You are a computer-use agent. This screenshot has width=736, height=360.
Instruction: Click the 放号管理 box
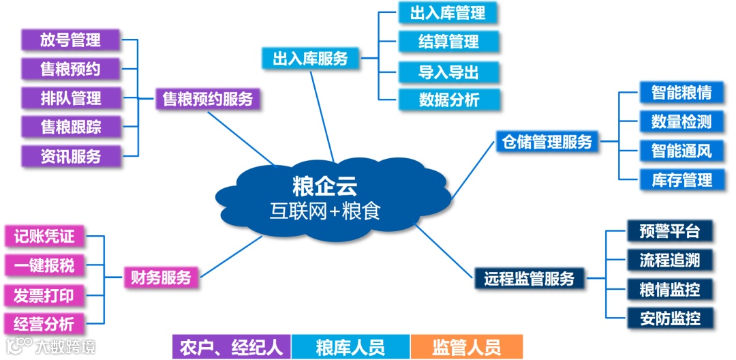pos(70,40)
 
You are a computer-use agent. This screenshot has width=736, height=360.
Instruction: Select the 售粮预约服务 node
pos(207,99)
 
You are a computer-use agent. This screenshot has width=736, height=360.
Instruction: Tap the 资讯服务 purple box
pos(70,156)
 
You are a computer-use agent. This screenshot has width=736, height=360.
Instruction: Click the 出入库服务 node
pos(310,58)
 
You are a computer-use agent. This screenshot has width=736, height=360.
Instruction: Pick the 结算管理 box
pos(448,42)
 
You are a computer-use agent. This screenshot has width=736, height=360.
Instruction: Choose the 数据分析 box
pos(448,100)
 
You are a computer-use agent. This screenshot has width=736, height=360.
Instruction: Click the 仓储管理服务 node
pos(547,141)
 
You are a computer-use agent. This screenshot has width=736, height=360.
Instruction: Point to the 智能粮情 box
pos(681,92)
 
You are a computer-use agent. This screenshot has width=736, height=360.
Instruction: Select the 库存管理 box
pos(681,180)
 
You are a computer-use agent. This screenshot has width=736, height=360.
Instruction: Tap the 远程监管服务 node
pos(529,278)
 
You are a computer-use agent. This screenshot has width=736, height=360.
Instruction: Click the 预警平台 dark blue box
pos(670,230)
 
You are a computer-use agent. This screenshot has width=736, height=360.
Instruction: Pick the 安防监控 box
pos(670,317)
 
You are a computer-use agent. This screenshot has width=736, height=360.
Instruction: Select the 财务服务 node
pos(161,277)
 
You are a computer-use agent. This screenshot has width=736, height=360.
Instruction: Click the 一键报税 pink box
pos(44,265)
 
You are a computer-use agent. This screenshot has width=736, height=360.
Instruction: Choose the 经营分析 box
pos(44,323)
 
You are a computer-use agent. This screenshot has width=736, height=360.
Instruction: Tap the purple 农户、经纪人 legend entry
pos(231,347)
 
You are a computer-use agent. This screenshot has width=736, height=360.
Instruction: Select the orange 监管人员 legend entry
pos(466,347)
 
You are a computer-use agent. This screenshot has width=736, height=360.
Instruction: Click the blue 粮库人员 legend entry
pos(350,347)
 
